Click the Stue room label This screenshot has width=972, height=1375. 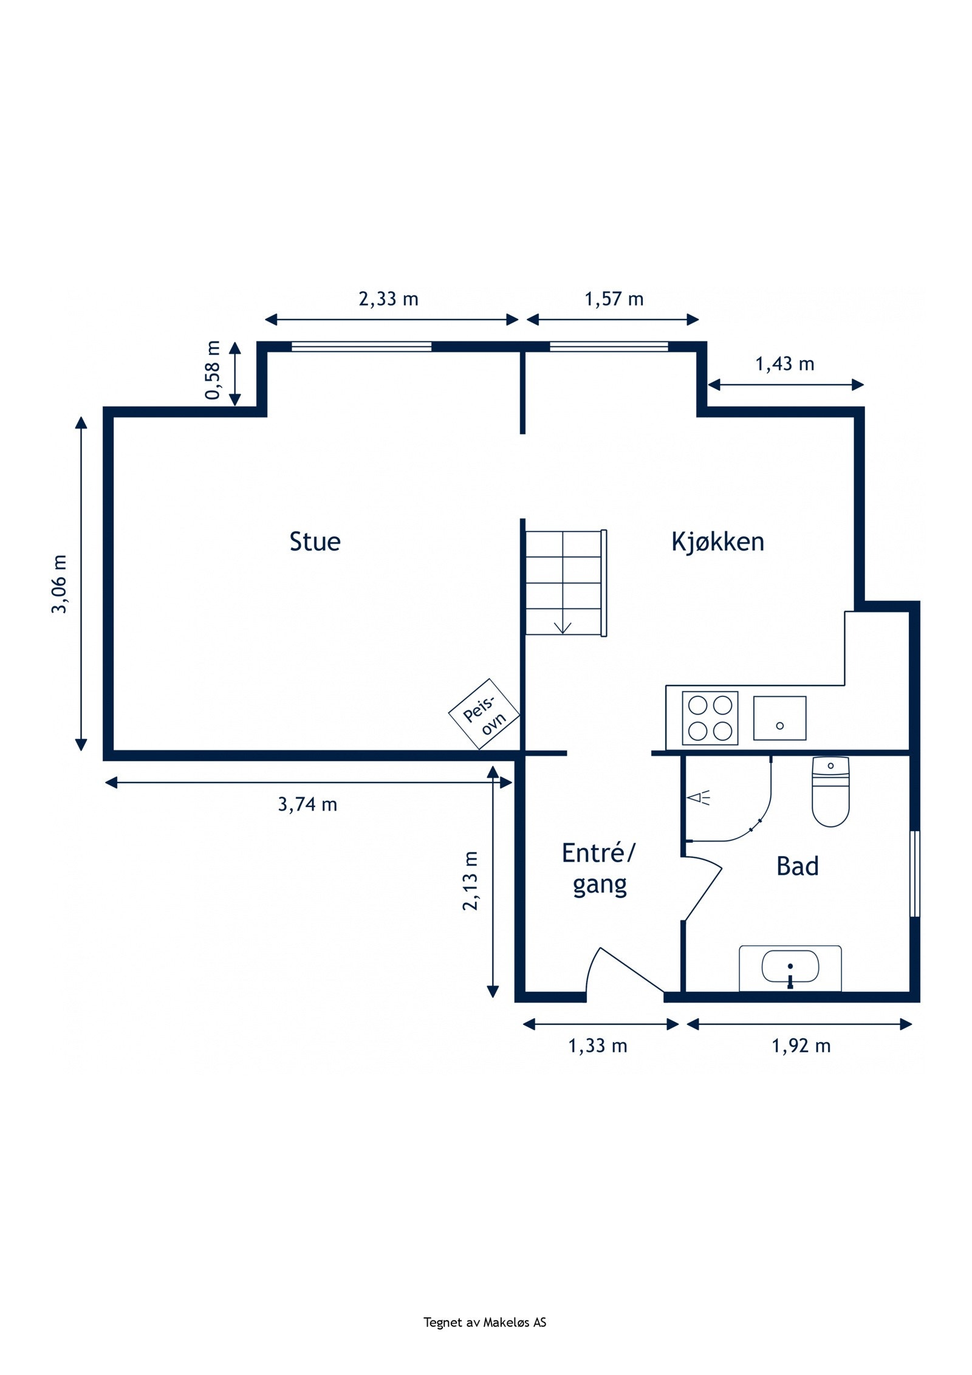(x=315, y=541)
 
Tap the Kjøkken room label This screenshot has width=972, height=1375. (x=717, y=541)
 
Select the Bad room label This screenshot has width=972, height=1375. (x=797, y=866)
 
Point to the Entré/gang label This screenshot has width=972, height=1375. (x=598, y=869)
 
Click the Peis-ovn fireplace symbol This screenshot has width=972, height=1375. (x=484, y=714)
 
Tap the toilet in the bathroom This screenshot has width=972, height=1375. (x=830, y=792)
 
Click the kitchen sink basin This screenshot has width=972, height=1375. (x=779, y=718)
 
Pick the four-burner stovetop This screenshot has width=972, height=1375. (x=710, y=718)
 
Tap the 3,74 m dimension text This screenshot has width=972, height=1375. (x=307, y=804)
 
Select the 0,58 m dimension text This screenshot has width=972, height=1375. (x=213, y=370)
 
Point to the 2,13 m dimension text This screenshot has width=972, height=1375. (x=471, y=880)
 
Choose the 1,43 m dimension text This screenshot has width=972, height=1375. (x=784, y=364)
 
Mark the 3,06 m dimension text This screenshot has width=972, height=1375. (x=59, y=584)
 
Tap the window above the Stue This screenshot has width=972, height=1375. (x=361, y=347)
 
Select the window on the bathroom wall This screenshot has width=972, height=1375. (x=914, y=874)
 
